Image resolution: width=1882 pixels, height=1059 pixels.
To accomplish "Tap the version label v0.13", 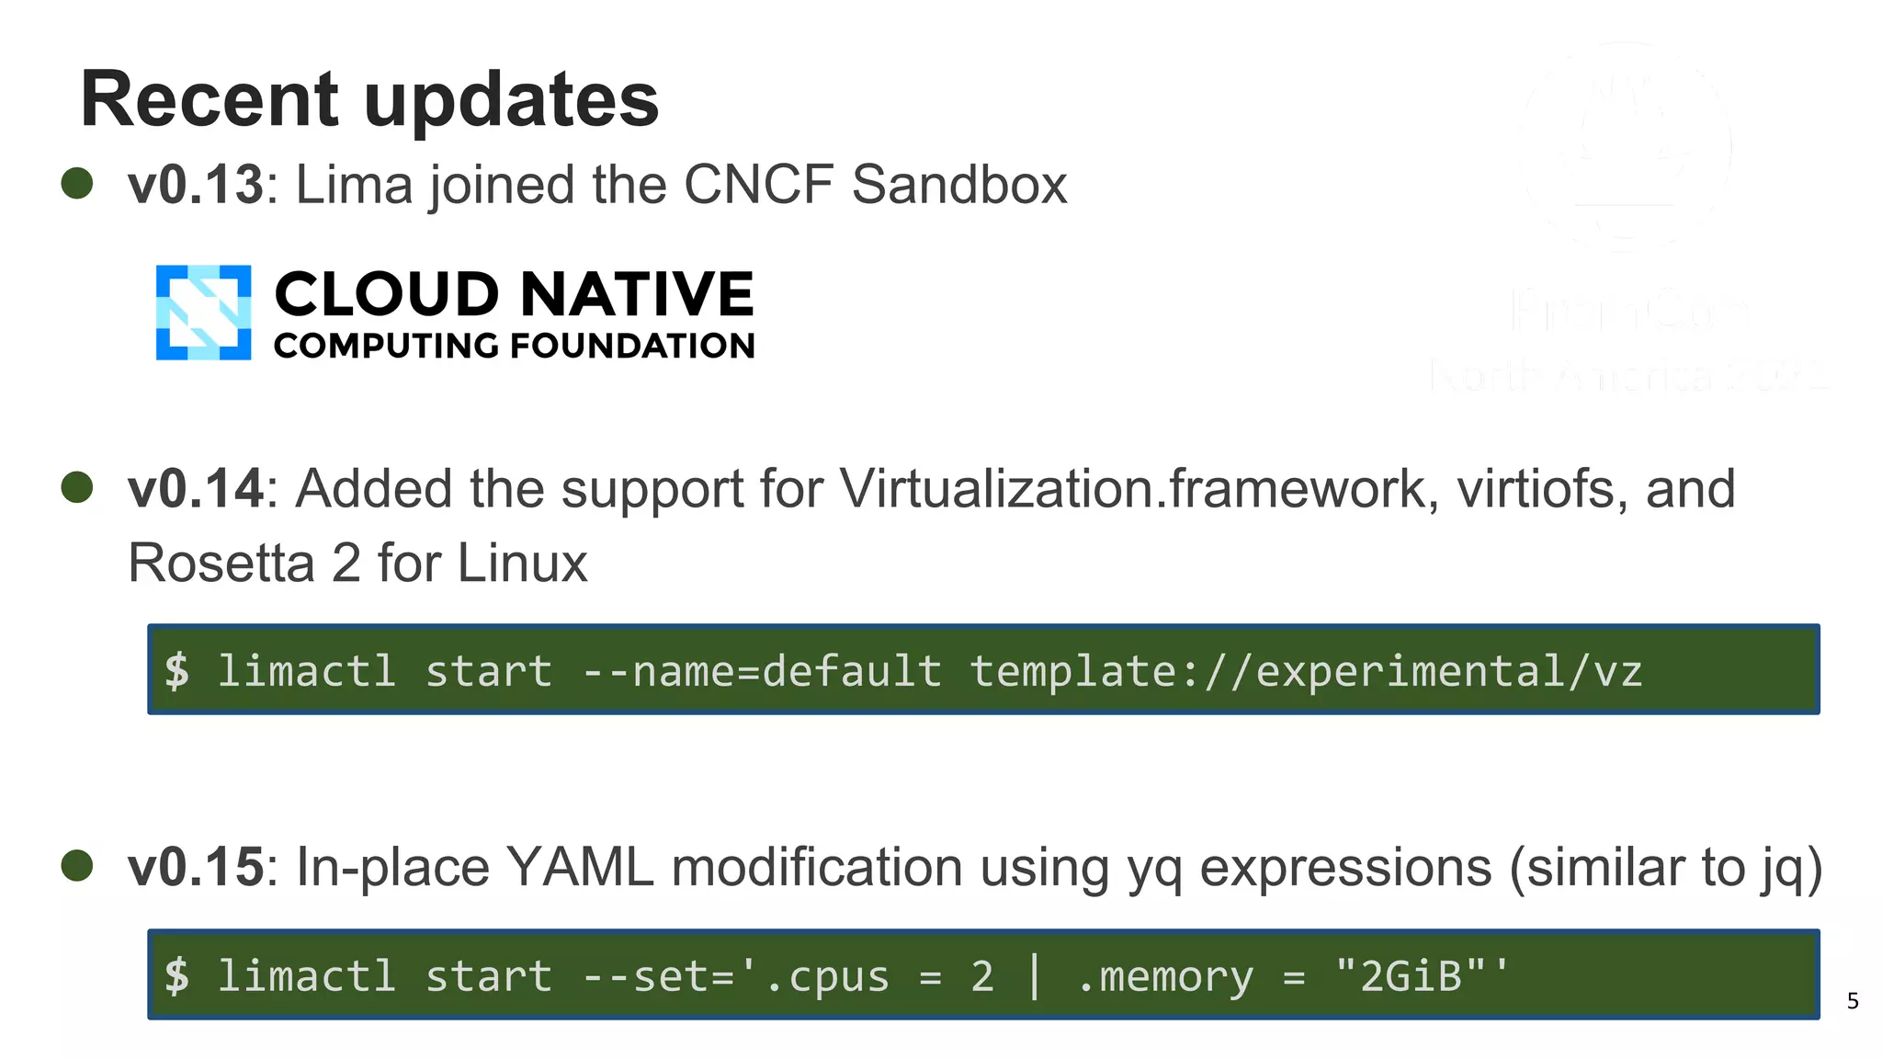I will pyautogui.click(x=196, y=185).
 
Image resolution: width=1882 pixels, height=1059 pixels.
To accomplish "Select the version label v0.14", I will pyautogui.click(x=196, y=488).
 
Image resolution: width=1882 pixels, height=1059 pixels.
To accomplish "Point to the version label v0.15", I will pyautogui.click(x=196, y=867).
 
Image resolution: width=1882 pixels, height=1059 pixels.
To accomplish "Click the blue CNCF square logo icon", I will pyautogui.click(x=203, y=313).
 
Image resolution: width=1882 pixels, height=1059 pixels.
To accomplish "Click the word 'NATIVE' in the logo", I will pyautogui.click(x=637, y=294).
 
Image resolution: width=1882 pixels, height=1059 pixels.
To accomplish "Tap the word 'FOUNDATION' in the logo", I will pyautogui.click(x=632, y=346).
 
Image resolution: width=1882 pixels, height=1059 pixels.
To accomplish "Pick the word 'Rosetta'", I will pyautogui.click(x=221, y=563).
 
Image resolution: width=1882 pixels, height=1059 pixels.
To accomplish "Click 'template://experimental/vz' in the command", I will pyautogui.click(x=1306, y=671).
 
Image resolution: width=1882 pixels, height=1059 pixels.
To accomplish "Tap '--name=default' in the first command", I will pyautogui.click(x=762, y=671).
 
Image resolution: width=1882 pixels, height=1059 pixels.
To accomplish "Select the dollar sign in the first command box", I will pyautogui.click(x=177, y=671).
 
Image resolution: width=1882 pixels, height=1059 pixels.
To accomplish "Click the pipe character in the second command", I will pyautogui.click(x=1035, y=975).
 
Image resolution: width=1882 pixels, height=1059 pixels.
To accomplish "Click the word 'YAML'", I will pyautogui.click(x=580, y=867).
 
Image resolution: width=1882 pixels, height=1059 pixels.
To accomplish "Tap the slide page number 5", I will pyautogui.click(x=1853, y=1001).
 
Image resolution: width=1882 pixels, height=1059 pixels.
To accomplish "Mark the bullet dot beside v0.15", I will pyautogui.click(x=77, y=865).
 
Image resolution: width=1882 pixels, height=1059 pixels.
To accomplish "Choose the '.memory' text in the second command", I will pyautogui.click(x=1164, y=975).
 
